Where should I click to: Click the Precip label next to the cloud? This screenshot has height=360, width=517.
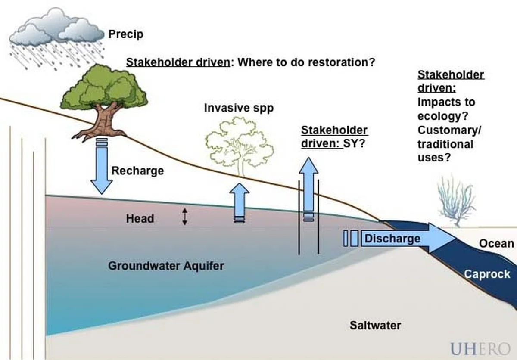pyautogui.click(x=125, y=34)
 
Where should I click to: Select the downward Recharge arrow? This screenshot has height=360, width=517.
pyautogui.click(x=102, y=168)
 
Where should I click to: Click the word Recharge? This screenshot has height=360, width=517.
pyautogui.click(x=137, y=171)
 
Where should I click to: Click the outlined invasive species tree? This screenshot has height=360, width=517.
pyautogui.click(x=240, y=146)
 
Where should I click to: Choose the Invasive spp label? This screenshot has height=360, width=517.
pyautogui.click(x=238, y=108)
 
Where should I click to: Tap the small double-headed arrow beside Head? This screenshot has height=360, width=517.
pyautogui.click(x=185, y=217)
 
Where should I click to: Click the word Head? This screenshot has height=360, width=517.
pyautogui.click(x=140, y=219)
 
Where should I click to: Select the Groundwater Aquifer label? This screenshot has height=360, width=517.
pyautogui.click(x=166, y=265)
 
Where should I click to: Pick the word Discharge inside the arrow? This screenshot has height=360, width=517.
pyautogui.click(x=392, y=239)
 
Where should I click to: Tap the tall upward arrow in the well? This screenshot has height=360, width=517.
pyautogui.click(x=308, y=185)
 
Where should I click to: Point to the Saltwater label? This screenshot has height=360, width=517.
pyautogui.click(x=375, y=325)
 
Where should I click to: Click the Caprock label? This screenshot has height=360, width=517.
pyautogui.click(x=486, y=274)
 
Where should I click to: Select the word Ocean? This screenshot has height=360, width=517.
pyautogui.click(x=496, y=244)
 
